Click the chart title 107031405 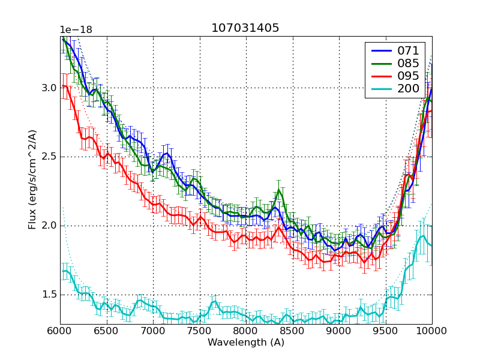(245, 28)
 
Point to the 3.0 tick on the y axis (49, 88)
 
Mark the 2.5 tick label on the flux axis (49, 157)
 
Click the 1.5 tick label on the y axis (49, 295)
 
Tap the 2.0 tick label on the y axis (49, 226)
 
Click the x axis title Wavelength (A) (245, 343)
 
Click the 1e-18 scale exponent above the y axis (76, 30)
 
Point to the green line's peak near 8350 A (278, 191)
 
